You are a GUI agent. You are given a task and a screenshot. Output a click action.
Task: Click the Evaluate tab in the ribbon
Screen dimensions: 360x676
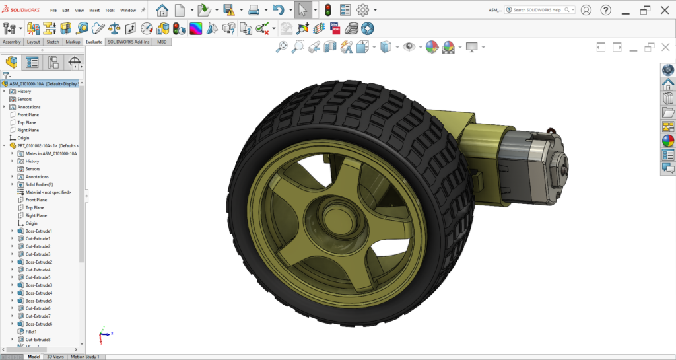tap(94, 42)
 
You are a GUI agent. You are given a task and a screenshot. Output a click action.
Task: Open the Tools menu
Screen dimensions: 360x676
tap(110, 10)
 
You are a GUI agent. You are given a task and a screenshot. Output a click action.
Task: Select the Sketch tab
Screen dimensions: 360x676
tap(52, 42)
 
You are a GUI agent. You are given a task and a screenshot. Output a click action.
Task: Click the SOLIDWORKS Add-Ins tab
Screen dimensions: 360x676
tap(129, 42)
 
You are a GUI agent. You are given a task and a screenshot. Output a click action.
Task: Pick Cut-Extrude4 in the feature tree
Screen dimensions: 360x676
tap(38, 270)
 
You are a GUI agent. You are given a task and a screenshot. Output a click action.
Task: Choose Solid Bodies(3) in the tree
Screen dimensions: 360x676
tap(39, 184)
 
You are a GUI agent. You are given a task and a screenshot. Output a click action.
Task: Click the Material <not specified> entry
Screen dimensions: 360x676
tap(48, 192)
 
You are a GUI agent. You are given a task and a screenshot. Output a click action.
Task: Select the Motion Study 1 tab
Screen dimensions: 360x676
tap(84, 357)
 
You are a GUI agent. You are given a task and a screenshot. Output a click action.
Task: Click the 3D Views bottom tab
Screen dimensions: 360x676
tap(55, 357)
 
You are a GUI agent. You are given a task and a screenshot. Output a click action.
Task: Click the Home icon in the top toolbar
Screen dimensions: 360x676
tap(162, 10)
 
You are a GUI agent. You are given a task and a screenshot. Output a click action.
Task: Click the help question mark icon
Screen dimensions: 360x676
tap(605, 10)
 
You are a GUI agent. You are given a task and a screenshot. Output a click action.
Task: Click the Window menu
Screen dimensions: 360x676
tap(128, 10)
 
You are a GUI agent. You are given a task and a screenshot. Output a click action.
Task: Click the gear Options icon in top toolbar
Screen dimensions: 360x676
tap(362, 10)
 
